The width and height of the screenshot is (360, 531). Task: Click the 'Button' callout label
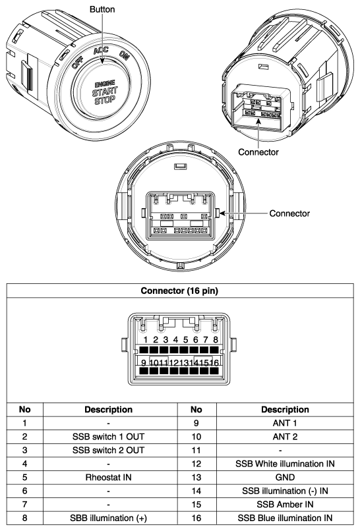pos(102,9)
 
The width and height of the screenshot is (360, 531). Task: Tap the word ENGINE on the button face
pos(105,84)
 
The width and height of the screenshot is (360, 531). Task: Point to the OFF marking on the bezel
pos(78,63)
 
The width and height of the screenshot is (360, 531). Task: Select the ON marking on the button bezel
pos(125,55)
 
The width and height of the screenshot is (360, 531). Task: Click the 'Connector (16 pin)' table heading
pos(179,291)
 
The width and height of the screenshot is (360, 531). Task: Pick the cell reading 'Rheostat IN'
pos(109,478)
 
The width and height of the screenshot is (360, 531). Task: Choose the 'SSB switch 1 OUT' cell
pos(109,437)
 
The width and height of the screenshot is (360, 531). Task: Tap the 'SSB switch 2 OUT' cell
pos(109,451)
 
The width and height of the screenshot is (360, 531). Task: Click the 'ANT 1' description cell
pos(285,424)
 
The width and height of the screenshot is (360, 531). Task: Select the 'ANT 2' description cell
pos(285,437)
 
